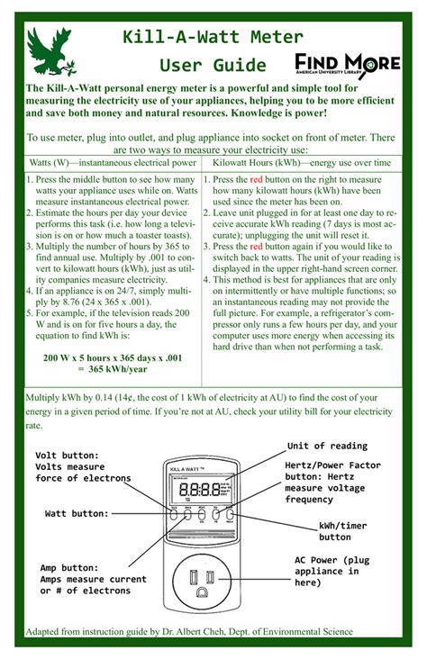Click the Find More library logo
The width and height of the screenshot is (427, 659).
tap(347, 64)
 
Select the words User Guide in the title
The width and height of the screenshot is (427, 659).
tap(213, 65)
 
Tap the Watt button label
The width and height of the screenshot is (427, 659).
tap(77, 513)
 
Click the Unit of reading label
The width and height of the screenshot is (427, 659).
tap(327, 446)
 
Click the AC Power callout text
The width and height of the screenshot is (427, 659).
tap(332, 571)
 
